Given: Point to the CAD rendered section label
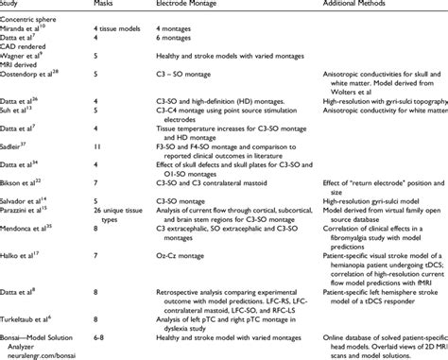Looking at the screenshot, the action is [x=23, y=55].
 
